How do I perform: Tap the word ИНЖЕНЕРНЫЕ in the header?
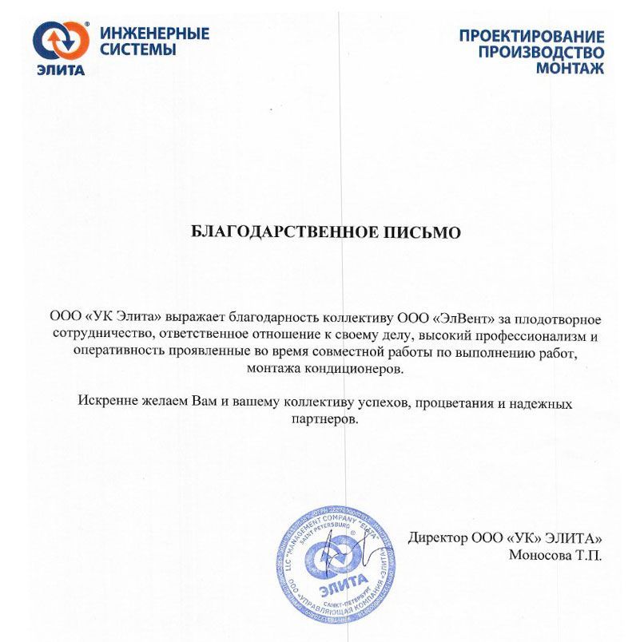[x=155, y=34]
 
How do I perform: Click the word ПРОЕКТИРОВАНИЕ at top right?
[x=531, y=36]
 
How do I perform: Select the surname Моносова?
[x=538, y=555]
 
